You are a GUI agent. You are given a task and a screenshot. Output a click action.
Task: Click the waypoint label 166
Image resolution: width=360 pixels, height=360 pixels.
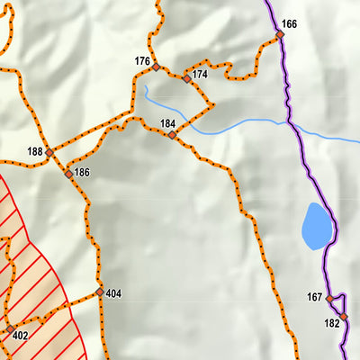tap(289, 23)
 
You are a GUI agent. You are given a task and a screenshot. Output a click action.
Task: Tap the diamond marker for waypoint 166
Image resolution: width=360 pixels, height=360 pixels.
tap(280, 34)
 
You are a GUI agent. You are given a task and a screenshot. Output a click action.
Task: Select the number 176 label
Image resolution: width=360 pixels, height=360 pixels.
tap(142, 61)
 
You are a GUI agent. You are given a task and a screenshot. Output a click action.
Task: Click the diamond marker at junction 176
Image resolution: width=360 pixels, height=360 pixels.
tap(156, 67)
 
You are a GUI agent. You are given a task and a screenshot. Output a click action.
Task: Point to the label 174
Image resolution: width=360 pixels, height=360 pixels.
tap(200, 74)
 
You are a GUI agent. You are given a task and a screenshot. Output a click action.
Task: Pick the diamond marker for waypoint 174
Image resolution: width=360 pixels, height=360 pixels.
tap(187, 78)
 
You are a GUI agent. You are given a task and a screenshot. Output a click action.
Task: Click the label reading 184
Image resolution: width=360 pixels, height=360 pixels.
tap(168, 123)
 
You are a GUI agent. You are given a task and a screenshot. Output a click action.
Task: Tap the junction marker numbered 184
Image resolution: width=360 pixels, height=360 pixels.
tap(172, 135)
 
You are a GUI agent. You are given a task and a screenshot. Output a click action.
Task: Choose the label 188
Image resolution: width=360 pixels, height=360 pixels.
tap(35, 151)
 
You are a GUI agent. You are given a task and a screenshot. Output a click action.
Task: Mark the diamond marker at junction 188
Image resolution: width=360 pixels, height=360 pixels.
tap(49, 151)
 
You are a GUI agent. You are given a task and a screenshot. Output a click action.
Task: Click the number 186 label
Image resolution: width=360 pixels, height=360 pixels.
tap(82, 172)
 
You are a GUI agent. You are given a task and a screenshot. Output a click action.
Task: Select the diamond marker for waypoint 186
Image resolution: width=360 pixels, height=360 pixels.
tap(68, 173)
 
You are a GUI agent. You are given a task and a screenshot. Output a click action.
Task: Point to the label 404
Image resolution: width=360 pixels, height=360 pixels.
tap(113, 293)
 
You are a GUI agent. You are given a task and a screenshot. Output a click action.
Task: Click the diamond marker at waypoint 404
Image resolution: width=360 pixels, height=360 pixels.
tap(100, 292)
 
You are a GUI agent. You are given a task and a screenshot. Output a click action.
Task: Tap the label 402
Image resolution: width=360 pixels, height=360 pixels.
tap(22, 336)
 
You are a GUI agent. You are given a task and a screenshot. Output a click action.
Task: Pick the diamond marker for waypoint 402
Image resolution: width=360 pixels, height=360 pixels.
tap(8, 331)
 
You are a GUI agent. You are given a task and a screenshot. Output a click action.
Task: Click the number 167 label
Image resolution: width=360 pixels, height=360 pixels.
tap(314, 297)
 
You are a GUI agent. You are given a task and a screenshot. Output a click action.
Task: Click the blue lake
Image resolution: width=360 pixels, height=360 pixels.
tap(316, 227)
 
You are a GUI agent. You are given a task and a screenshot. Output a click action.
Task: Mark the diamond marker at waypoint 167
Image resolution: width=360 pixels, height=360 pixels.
tap(329, 298)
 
